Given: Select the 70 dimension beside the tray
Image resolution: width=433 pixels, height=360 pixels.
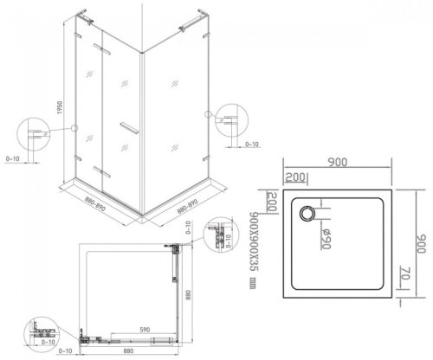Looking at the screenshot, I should [x=404, y=279].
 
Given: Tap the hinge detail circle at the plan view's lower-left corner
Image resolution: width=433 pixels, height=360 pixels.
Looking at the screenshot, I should [x=41, y=331].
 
